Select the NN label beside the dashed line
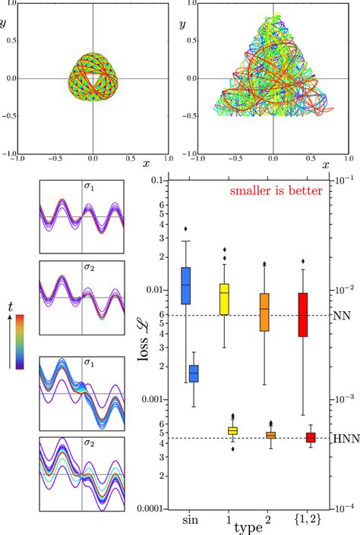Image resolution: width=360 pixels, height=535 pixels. click(340, 315)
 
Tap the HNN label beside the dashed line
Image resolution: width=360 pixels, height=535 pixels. click(343, 438)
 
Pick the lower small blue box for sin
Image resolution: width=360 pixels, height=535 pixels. click(194, 373)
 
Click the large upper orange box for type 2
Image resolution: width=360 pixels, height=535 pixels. click(264, 312)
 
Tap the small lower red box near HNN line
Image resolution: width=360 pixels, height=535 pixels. click(311, 437)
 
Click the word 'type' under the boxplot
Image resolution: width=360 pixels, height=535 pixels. click(248, 526)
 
